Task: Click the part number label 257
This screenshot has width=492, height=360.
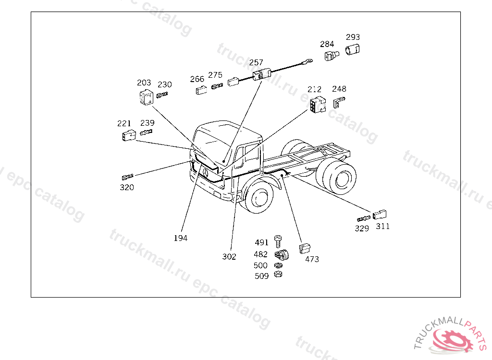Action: coord(256,62)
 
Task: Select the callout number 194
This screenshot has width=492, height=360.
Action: coord(181,238)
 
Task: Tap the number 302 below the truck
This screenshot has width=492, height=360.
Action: coord(229,256)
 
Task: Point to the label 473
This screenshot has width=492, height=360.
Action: coord(312,259)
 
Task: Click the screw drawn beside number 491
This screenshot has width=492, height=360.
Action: coord(278,241)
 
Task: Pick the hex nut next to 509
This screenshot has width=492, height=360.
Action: coord(278,275)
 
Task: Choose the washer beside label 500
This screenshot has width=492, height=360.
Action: coord(278,265)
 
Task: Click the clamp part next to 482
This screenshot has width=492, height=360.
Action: coord(282,254)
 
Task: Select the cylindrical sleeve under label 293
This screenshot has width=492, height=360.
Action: coord(352,49)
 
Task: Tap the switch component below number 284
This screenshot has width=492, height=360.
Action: coord(332,56)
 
